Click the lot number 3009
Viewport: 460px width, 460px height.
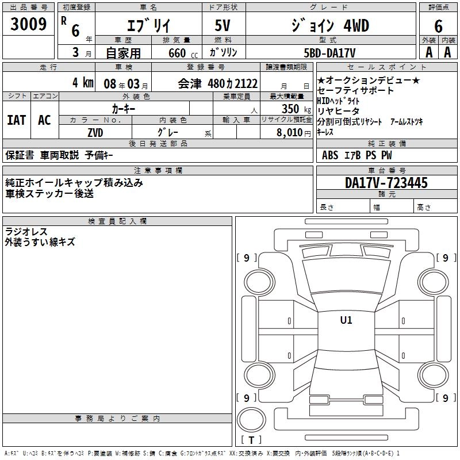click(x=29, y=25)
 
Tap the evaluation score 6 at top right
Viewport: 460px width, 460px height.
click(x=438, y=26)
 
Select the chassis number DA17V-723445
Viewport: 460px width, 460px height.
click(x=386, y=183)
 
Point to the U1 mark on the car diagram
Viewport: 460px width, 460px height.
click(x=346, y=320)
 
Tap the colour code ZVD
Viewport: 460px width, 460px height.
click(x=95, y=132)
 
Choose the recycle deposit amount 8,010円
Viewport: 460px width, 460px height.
click(x=293, y=132)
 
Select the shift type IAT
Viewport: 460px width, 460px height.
click(x=16, y=120)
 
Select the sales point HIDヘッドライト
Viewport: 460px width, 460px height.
click(x=338, y=101)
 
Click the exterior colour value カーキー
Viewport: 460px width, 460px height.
click(x=124, y=108)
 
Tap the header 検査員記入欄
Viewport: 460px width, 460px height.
click(x=117, y=221)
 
